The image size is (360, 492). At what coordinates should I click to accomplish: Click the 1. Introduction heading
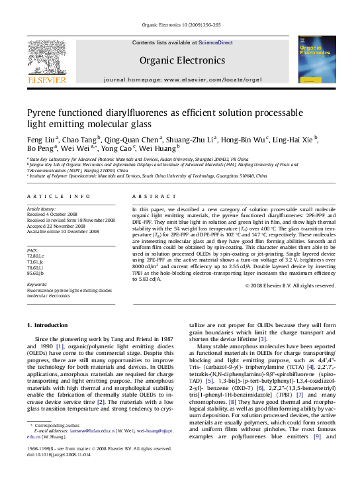[52, 325]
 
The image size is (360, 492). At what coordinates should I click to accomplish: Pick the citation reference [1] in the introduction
[59, 346]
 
